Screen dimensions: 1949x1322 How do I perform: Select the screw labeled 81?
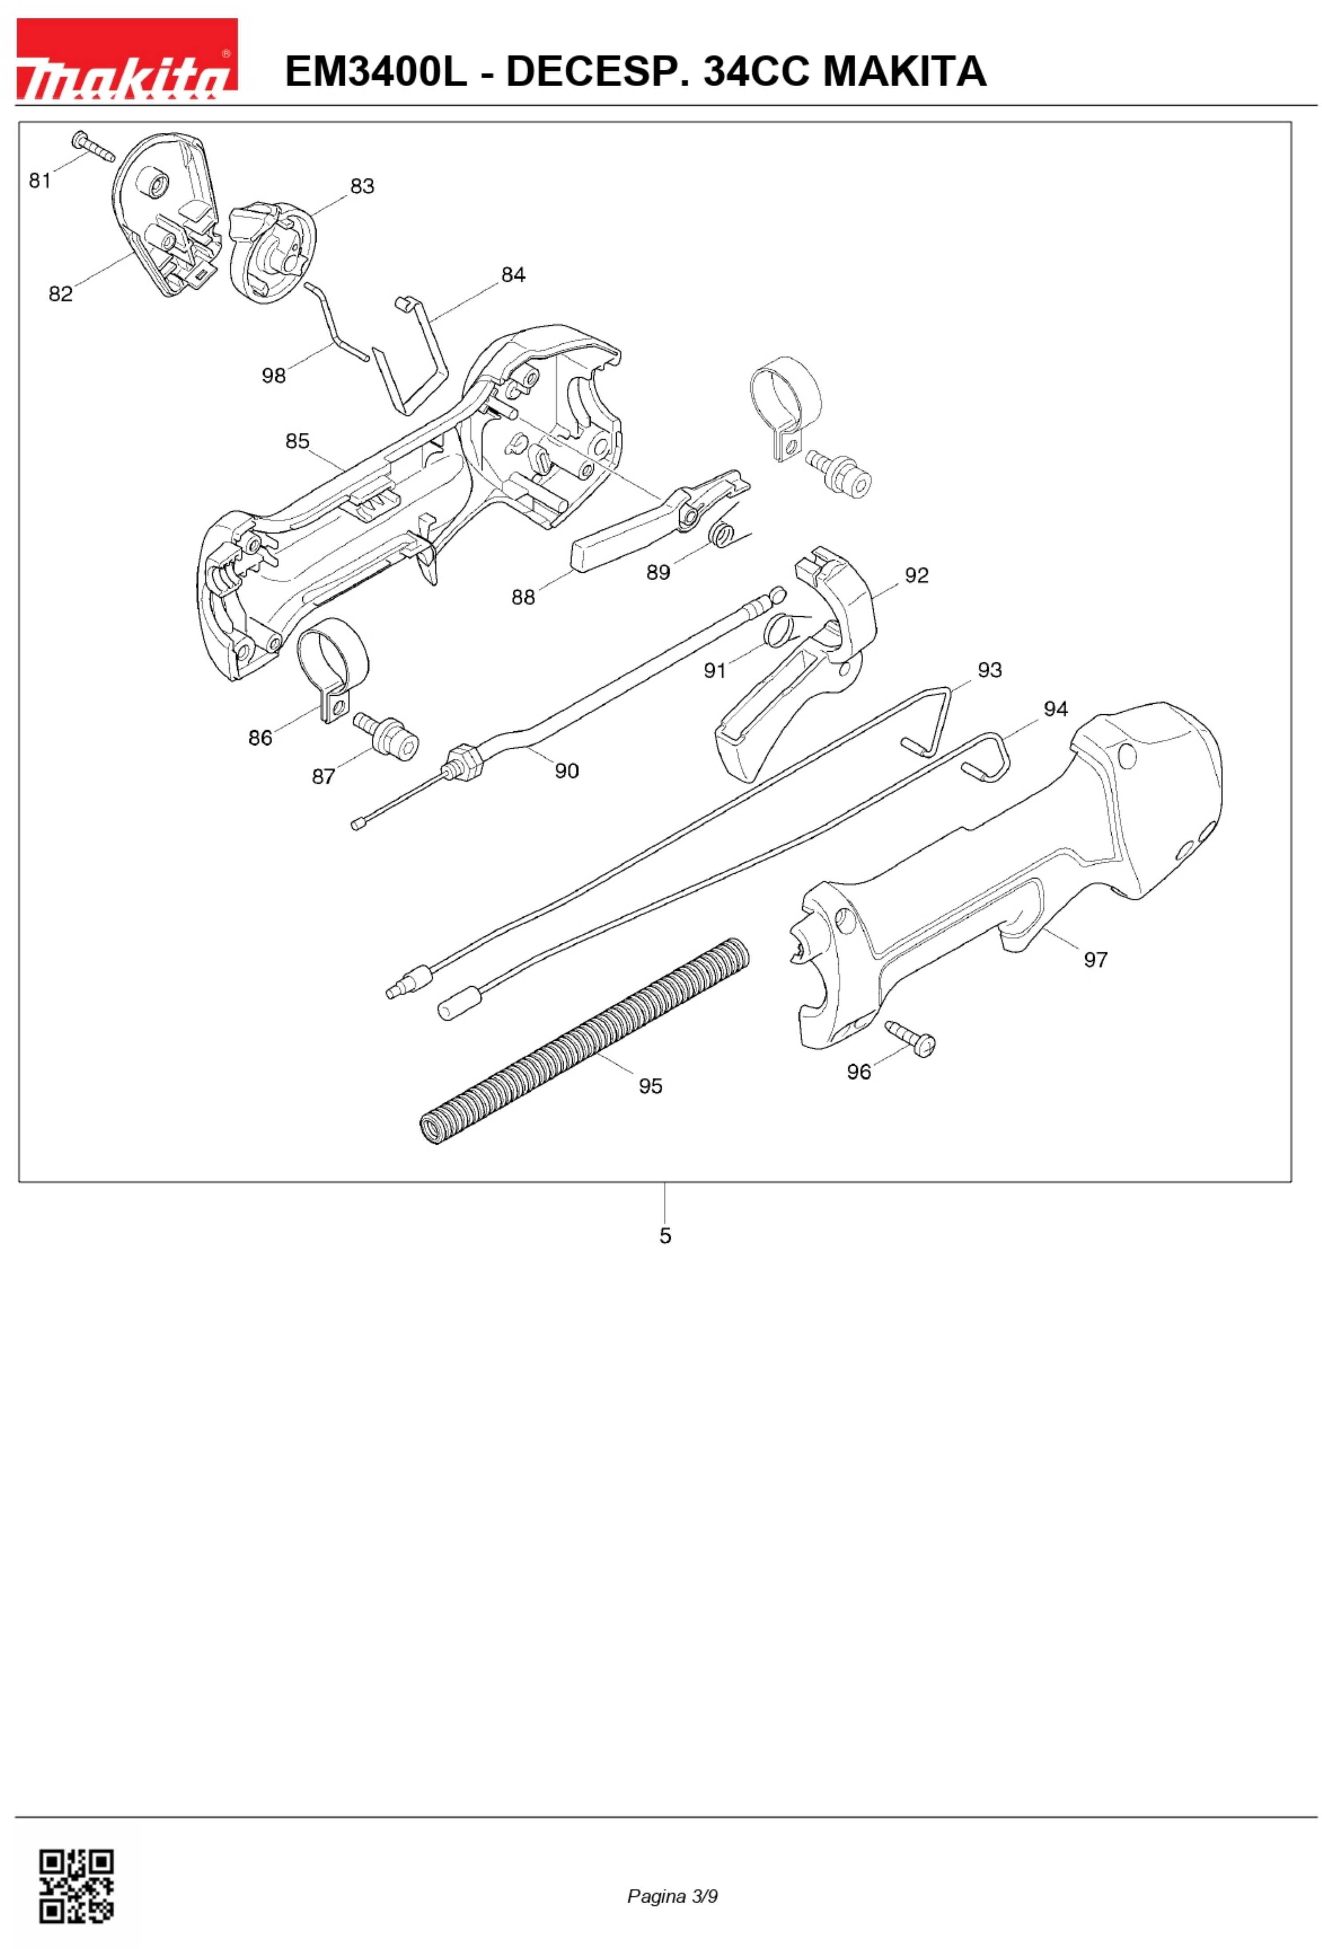coord(93,146)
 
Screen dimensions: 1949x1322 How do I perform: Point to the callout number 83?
coord(362,186)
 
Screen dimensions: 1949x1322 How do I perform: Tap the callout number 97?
coord(1095,960)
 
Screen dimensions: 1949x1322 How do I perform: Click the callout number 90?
coord(567,771)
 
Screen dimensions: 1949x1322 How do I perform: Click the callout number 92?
coord(916,575)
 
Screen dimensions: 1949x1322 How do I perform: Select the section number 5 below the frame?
coord(665,1236)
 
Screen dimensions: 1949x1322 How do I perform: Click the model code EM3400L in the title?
coord(375,71)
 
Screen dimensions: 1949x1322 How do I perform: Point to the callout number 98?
coord(273,376)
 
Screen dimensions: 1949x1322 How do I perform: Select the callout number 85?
coord(297,441)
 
